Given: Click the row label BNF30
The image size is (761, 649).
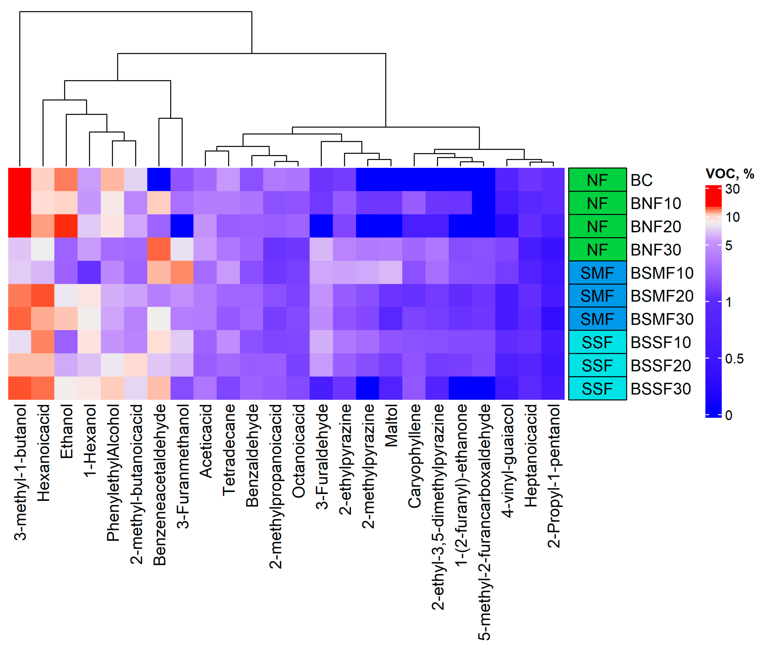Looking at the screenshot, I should (x=656, y=250).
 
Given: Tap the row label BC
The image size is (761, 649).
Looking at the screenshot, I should (x=641, y=180).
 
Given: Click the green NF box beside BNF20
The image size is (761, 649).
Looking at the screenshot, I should (x=597, y=226).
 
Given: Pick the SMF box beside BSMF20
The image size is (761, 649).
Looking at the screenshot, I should (x=597, y=296).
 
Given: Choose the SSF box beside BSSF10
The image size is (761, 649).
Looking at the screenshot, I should (x=597, y=342).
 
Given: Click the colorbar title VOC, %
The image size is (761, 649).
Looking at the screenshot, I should (x=729, y=173).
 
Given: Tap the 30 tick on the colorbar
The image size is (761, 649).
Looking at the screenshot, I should (x=732, y=189).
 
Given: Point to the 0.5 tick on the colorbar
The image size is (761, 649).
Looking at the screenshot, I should (x=734, y=359).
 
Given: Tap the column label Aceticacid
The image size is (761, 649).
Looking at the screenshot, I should (x=206, y=441).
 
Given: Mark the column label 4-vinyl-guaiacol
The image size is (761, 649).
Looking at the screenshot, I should (x=507, y=461).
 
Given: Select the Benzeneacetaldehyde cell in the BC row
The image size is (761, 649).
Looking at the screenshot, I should (x=159, y=179).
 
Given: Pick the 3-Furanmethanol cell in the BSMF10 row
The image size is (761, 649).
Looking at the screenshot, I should (x=182, y=272).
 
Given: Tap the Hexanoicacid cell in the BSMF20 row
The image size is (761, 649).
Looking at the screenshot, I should (x=43, y=295).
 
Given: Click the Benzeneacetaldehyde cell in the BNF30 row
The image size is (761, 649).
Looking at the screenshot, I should (x=159, y=249).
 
